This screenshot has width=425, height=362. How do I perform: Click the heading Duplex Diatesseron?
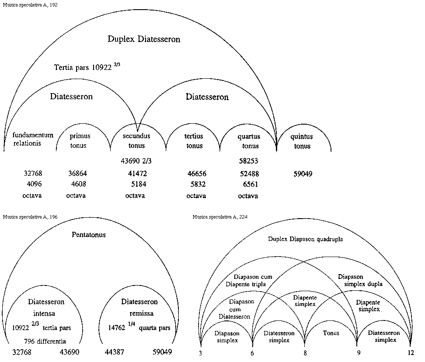click(144, 39)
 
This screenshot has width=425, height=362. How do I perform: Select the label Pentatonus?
click(89, 235)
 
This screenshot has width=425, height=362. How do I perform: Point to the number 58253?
click(248, 161)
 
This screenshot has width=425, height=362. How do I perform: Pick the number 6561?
click(249, 184)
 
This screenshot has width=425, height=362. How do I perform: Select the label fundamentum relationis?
click(33, 139)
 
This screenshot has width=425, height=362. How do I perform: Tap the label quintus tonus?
click(301, 141)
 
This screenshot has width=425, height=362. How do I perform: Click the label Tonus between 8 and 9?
click(331, 333)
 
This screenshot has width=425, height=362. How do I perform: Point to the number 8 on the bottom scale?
click(304, 353)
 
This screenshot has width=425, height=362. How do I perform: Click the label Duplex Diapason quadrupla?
click(306, 239)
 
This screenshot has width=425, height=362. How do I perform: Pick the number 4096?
click(34, 184)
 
